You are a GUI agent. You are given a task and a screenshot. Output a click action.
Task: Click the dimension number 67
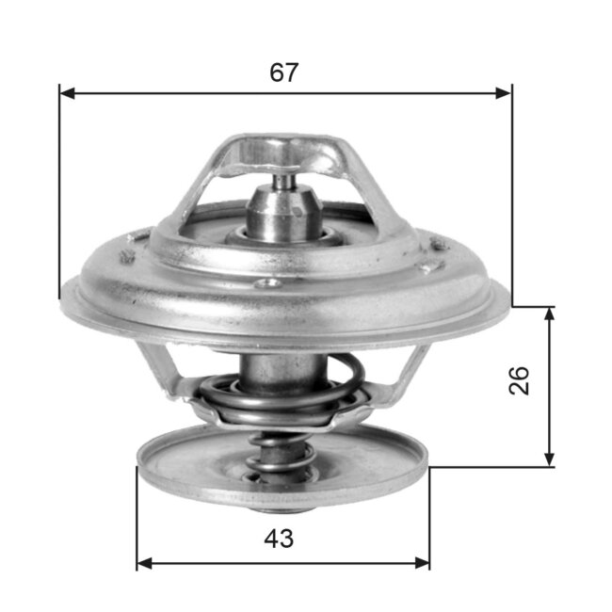pos(283,72)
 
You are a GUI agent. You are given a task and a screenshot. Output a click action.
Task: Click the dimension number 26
pos(521,380)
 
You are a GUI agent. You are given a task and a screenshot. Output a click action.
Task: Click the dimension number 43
pos(280,540)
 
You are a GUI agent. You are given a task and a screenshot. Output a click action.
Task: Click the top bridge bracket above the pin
pos(282,151)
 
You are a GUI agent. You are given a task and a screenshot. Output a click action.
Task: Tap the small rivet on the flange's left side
pos(125,257)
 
